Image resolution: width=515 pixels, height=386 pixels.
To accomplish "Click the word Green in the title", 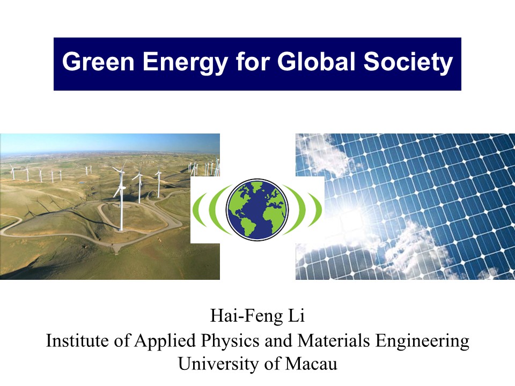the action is point(98,61).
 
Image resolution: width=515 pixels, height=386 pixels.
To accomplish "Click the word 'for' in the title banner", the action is point(253,61).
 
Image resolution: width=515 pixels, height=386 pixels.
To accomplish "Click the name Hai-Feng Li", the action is point(257,316).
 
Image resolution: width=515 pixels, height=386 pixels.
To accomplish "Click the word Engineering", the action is point(422,342).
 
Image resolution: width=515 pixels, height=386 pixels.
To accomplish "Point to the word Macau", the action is point(311,363).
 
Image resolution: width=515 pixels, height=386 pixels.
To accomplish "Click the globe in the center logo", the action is point(257,209).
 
